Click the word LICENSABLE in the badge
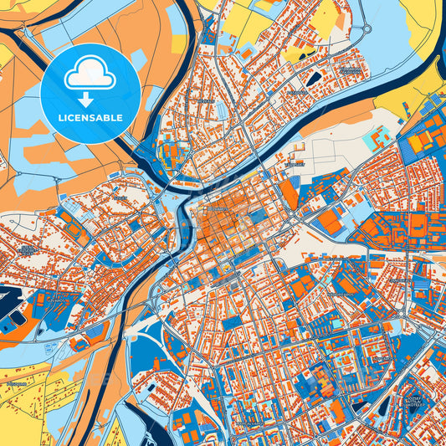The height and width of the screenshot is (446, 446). [90, 118]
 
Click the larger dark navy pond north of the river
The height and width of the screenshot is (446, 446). [316, 79]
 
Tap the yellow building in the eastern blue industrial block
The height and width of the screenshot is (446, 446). [416, 143]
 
